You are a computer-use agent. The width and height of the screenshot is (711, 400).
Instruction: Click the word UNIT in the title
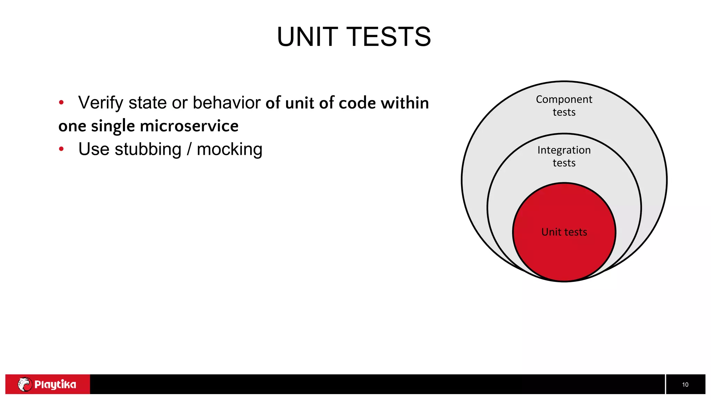tap(307, 37)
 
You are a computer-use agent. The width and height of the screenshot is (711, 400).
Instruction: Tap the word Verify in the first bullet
tap(101, 103)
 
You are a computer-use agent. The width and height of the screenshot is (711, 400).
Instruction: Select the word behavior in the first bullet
tap(226, 103)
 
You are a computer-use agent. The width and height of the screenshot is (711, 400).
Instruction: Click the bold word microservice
tap(189, 126)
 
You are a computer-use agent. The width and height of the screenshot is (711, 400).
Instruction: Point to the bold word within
tap(405, 103)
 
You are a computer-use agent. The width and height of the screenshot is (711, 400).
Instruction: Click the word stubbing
tap(148, 149)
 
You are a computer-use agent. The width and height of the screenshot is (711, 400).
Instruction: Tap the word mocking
tap(229, 149)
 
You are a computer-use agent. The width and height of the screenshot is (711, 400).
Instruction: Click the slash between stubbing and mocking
tap(189, 149)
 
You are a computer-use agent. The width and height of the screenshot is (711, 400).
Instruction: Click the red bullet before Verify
tap(61, 102)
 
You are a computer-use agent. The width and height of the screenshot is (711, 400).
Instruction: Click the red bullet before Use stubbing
tap(61, 149)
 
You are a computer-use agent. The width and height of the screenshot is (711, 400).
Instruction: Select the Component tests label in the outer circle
tap(564, 106)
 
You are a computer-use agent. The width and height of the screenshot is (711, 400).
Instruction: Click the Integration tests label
tap(564, 156)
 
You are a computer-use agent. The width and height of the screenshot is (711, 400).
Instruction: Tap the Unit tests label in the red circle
tap(564, 232)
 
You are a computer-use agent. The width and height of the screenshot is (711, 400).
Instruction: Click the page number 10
tap(685, 384)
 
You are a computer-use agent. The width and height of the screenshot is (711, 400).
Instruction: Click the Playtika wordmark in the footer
tap(55, 384)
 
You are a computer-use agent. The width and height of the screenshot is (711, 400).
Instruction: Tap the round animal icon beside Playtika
tap(25, 384)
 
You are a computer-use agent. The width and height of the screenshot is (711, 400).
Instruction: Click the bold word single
tap(113, 126)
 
